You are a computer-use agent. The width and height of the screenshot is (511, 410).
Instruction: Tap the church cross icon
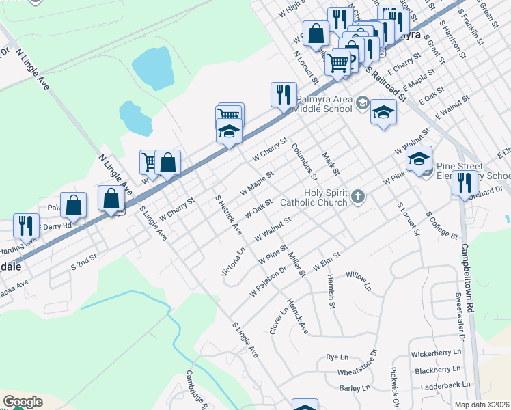[357, 198]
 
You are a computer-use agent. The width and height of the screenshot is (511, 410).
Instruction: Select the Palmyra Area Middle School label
[324, 103]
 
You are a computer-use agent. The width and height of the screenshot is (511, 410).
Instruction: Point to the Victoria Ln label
[233, 262]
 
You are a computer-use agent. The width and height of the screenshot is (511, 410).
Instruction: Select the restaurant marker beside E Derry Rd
[26, 225]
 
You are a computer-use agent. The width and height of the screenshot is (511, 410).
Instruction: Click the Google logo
[23, 402]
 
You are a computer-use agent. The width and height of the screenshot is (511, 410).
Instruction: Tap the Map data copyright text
[482, 405]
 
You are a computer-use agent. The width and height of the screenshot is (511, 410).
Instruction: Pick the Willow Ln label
[358, 281]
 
